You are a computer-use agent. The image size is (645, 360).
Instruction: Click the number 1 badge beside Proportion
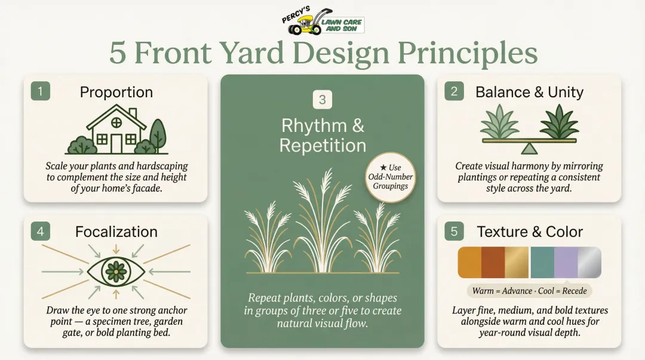click(x=41, y=91)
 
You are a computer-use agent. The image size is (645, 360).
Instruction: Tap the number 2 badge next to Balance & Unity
click(x=454, y=91)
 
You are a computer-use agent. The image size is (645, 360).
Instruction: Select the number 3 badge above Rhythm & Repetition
click(x=322, y=100)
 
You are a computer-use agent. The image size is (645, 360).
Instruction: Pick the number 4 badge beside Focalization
click(x=41, y=231)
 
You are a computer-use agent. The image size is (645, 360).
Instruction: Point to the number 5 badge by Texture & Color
click(x=454, y=231)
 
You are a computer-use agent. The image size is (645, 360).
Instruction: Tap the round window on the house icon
click(x=116, y=122)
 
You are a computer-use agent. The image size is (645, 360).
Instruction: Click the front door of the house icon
click(x=116, y=143)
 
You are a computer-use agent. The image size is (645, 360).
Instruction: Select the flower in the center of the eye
click(x=116, y=272)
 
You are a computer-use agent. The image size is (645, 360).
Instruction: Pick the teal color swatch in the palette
click(x=542, y=263)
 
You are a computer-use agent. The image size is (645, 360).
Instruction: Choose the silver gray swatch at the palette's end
click(x=589, y=263)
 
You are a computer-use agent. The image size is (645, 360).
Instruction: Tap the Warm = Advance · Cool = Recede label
click(x=529, y=291)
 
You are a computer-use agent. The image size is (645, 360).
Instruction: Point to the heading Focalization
click(x=116, y=232)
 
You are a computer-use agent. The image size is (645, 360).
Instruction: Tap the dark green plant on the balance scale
click(x=558, y=122)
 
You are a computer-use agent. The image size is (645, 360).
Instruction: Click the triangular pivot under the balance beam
click(x=529, y=148)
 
